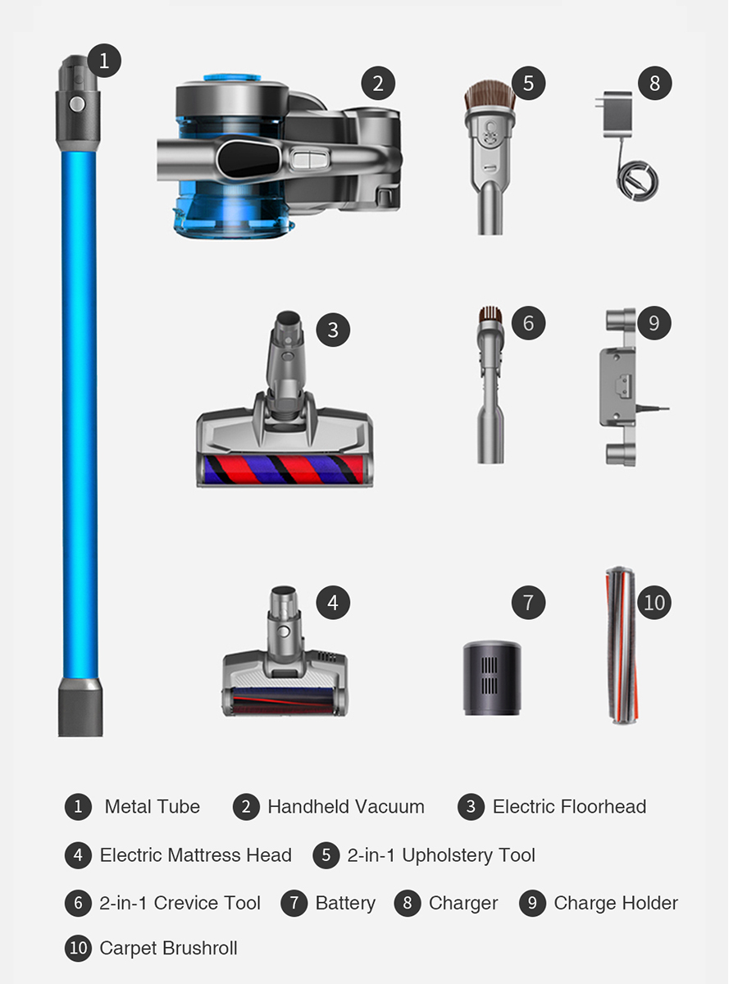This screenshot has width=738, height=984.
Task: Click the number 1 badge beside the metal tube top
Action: [104, 61]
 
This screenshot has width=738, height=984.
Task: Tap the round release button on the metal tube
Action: [77, 104]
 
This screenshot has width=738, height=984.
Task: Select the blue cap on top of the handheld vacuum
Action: [233, 78]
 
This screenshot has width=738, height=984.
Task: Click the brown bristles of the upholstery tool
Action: [490, 95]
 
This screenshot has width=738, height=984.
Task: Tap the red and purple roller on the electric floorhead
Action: [284, 469]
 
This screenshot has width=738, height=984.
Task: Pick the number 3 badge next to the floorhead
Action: [333, 330]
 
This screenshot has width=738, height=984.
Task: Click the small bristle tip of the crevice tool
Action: [490, 313]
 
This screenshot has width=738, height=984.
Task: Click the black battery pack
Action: [492, 678]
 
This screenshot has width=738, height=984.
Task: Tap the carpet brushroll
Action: [622, 645]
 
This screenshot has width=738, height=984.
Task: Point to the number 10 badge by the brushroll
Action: [654, 603]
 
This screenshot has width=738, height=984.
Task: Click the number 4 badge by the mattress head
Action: [333, 603]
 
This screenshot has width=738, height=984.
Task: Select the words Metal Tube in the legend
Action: [153, 807]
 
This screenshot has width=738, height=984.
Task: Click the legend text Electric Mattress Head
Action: [196, 855]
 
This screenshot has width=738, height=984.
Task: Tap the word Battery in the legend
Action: [345, 904]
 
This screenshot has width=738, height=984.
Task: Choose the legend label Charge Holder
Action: [616, 904]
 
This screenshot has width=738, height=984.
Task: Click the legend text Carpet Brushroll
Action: [168, 948]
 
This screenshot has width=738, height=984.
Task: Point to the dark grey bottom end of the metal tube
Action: [80, 708]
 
